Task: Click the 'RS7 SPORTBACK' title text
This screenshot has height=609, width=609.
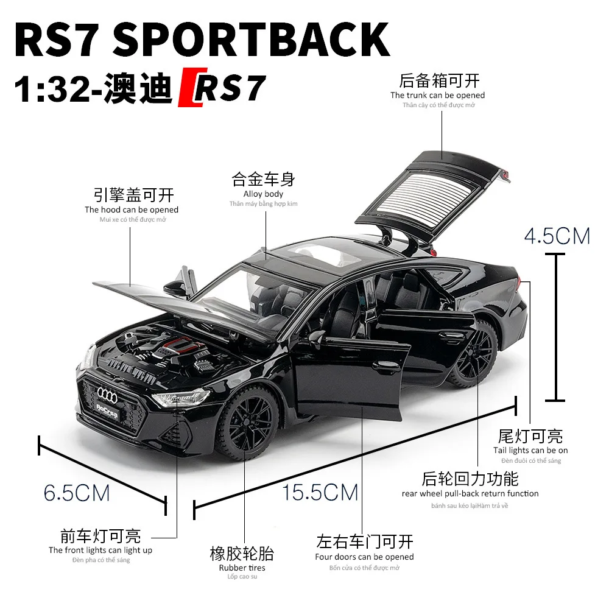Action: point(201,40)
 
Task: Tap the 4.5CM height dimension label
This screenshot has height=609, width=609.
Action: point(557,236)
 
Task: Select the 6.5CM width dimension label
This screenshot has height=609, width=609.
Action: point(77,492)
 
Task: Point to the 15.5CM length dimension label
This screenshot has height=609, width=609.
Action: point(320,492)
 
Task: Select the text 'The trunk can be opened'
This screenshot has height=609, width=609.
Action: point(437,95)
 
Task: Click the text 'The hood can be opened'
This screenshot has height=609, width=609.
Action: point(132,209)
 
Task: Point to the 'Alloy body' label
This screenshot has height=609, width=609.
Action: point(263,194)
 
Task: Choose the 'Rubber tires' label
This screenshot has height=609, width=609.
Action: point(242,568)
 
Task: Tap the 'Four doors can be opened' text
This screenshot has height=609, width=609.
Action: point(364,557)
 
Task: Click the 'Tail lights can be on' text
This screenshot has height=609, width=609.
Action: point(530,450)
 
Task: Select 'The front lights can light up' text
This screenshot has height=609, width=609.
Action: point(100,550)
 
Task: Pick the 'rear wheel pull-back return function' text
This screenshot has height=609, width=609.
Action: point(470,493)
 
